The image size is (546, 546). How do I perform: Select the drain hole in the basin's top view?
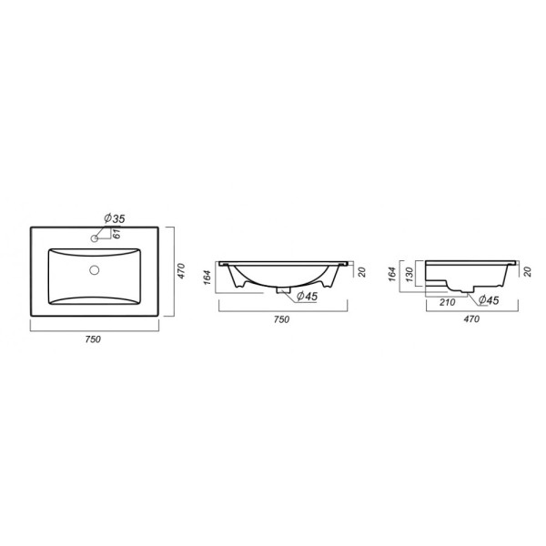coord(95,270)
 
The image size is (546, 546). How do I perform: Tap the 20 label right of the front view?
coord(361,272)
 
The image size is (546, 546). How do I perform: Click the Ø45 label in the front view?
coord(305,296)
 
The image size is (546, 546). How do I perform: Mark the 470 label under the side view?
coord(472,319)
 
